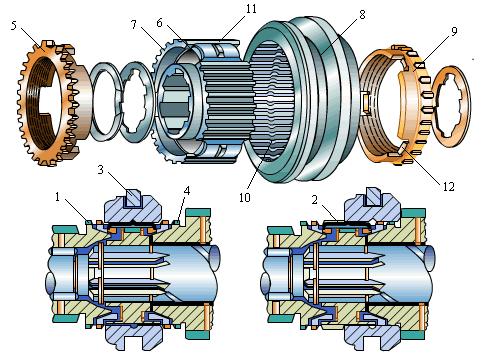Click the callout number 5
14,26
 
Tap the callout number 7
134,24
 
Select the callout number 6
159,23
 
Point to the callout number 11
251,9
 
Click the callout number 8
362,14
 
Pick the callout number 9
454,31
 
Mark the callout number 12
449,187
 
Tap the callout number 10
244,197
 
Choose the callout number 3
101,169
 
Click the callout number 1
57,197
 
